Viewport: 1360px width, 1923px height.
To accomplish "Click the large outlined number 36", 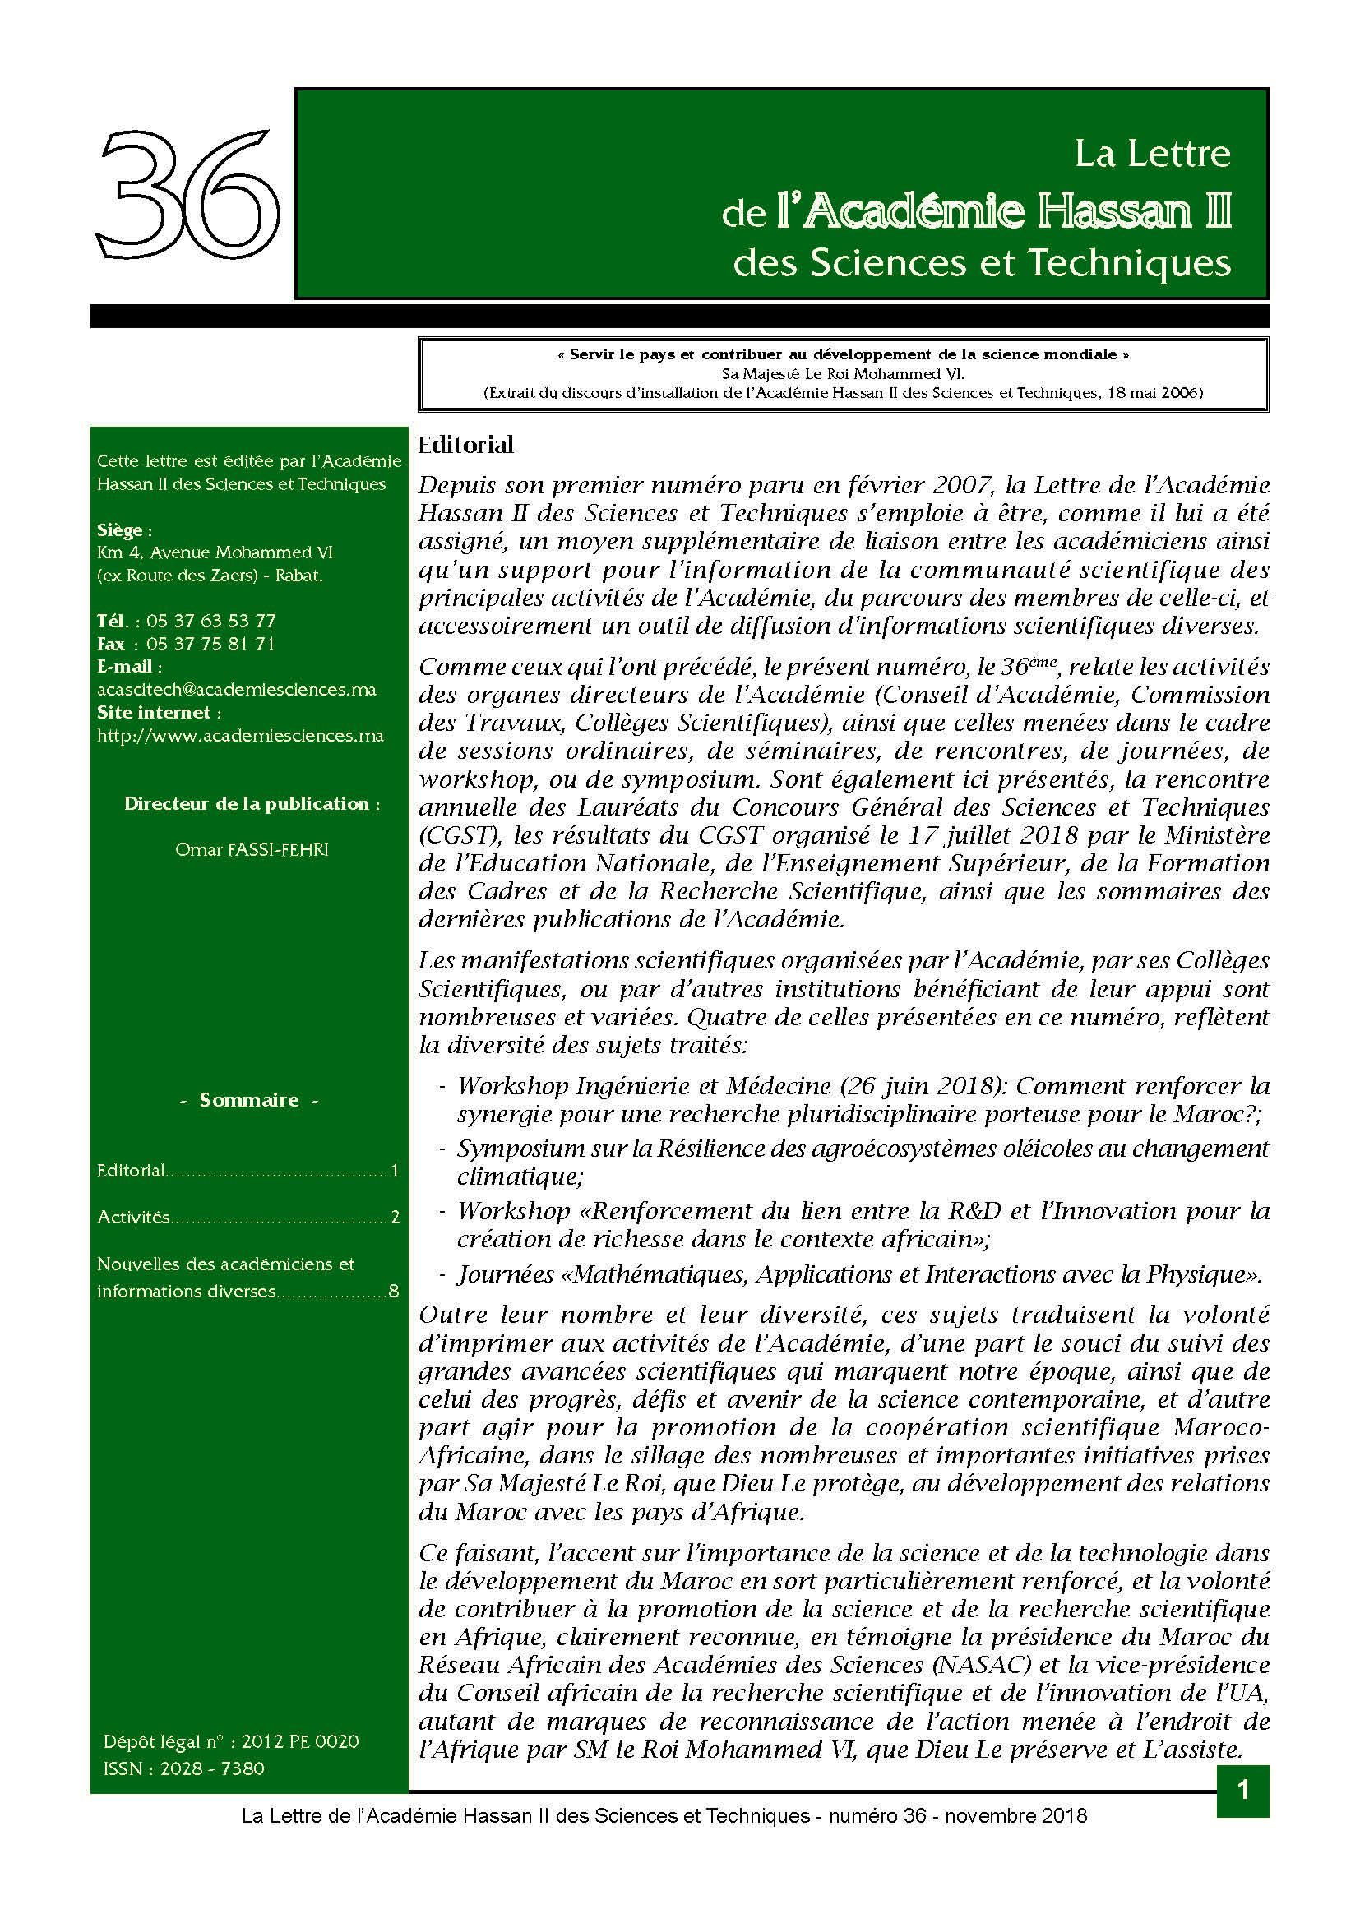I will (187, 194).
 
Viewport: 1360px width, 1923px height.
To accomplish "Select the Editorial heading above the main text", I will (465, 445).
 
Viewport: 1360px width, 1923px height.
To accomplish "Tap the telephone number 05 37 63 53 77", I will (211, 622).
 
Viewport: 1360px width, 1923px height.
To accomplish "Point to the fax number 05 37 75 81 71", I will (210, 644).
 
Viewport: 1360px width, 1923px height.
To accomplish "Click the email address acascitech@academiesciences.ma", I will (237, 690).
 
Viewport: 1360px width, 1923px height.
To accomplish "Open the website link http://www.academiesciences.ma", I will (240, 736).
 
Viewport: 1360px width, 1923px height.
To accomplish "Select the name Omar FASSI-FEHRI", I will (252, 850).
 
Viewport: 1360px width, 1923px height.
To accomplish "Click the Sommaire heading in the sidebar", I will (248, 1101).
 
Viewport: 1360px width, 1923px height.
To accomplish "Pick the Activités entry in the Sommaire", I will (133, 1218).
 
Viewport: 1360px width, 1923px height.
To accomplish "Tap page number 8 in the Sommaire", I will (394, 1292).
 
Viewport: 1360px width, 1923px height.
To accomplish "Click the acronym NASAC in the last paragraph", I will (978, 1665).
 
